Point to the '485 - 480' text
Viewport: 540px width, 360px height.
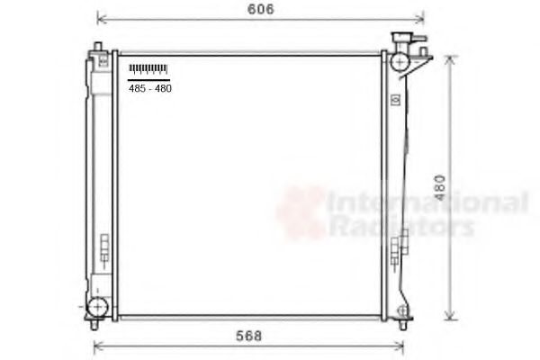[x=149, y=88]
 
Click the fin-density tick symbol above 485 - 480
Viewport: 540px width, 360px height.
[x=148, y=68]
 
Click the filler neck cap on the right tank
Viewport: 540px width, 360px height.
[x=402, y=40]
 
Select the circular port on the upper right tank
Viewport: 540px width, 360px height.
[x=399, y=62]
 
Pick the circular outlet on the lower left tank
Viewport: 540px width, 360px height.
[x=97, y=306]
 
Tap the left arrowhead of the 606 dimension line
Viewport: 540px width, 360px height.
[x=99, y=18]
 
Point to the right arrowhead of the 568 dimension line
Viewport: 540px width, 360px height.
[x=404, y=346]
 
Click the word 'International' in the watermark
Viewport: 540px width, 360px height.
[x=427, y=202]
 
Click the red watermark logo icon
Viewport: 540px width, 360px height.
[x=301, y=212]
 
